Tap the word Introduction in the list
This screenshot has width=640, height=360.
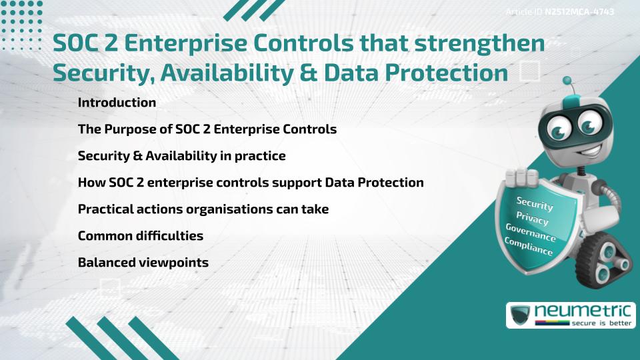click(x=117, y=103)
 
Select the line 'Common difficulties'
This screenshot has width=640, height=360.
click(x=140, y=236)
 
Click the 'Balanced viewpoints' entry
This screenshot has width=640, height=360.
click(x=143, y=263)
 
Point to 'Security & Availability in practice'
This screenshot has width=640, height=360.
click(x=181, y=156)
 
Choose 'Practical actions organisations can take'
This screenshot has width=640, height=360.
click(x=203, y=209)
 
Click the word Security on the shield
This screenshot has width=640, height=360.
click(x=535, y=204)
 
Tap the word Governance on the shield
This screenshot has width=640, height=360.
click(x=531, y=233)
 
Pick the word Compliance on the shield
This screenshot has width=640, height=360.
click(x=529, y=247)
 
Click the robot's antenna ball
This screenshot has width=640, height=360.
click(x=567, y=81)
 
